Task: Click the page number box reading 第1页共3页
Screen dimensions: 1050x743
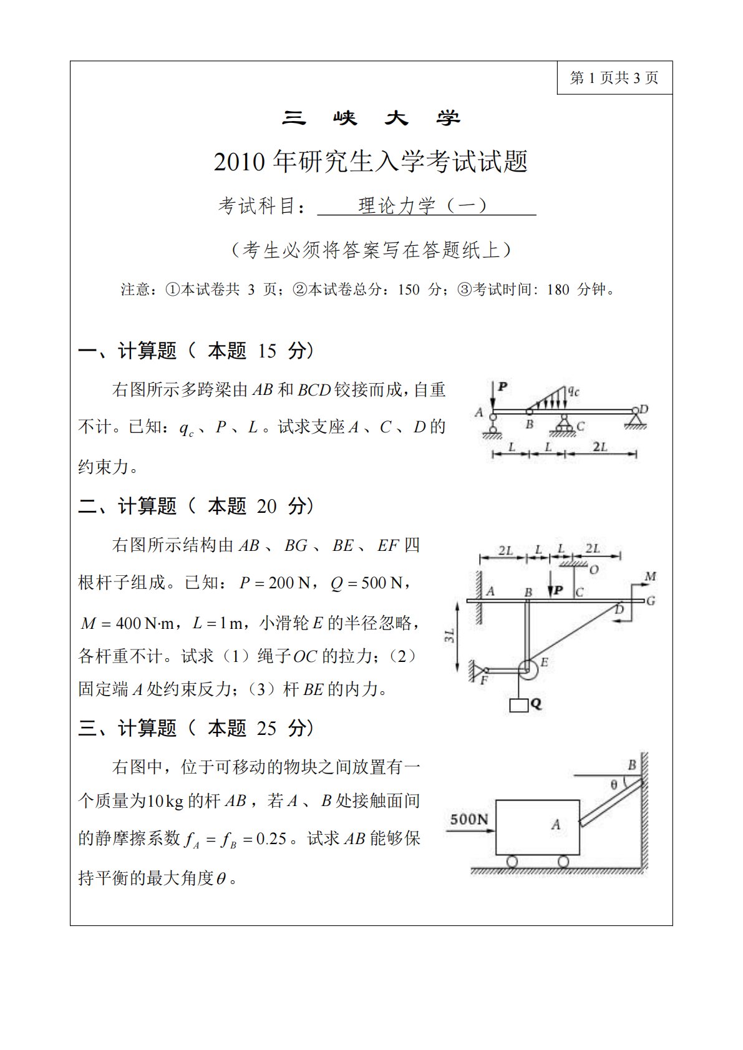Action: click(x=614, y=78)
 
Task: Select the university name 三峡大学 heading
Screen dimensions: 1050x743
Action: click(x=371, y=118)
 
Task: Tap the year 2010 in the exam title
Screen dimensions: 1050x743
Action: click(x=240, y=162)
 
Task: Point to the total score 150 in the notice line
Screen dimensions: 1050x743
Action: click(x=409, y=289)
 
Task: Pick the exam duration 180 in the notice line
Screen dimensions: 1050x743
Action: click(x=558, y=289)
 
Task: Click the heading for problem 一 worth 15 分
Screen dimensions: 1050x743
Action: click(x=196, y=351)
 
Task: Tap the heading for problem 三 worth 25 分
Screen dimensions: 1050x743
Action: click(x=196, y=727)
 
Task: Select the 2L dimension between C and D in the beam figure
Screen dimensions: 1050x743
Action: click(x=600, y=447)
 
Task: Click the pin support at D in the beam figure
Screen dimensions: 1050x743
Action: click(x=636, y=419)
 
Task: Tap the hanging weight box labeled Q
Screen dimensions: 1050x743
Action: click(x=519, y=705)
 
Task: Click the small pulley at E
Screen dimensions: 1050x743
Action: click(x=527, y=668)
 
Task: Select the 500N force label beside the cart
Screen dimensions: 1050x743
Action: click(x=469, y=819)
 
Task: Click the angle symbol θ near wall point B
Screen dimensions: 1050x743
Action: click(x=614, y=785)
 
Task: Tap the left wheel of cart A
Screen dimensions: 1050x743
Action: click(x=512, y=861)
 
